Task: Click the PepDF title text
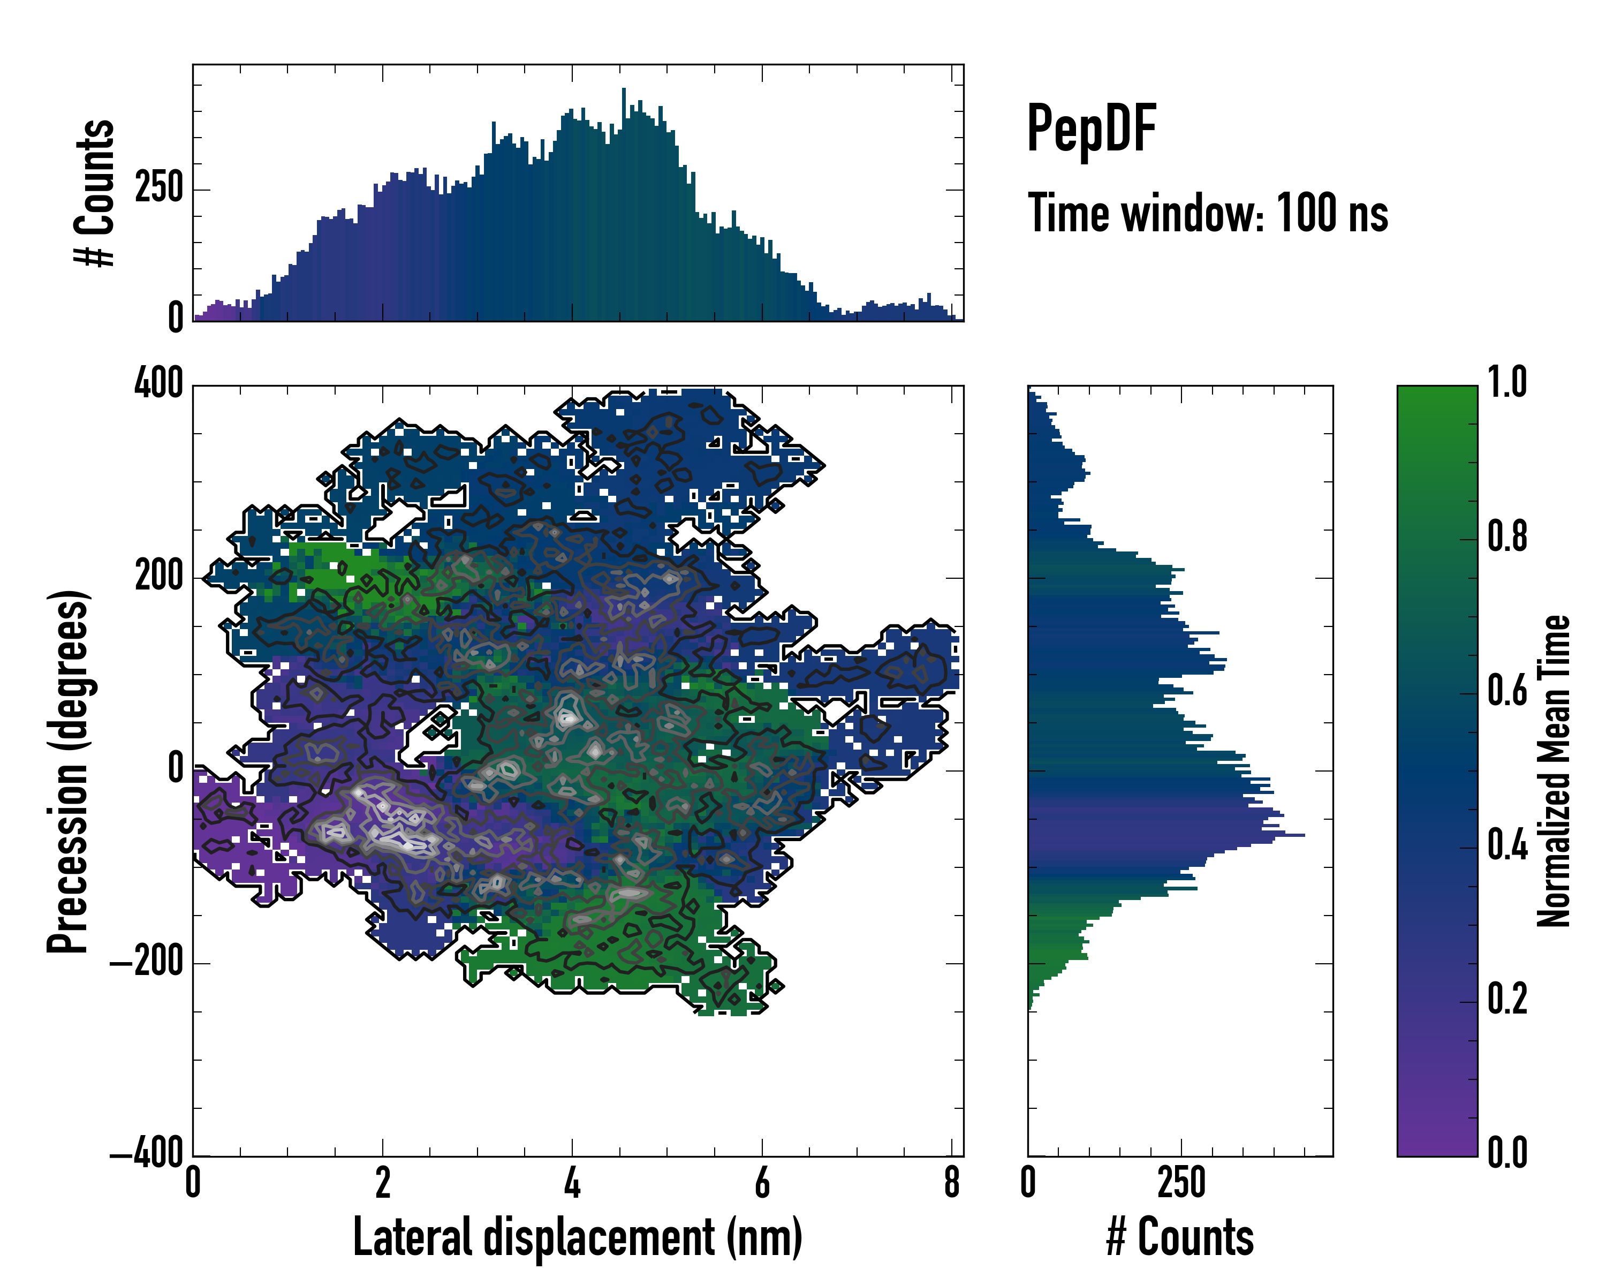pyautogui.click(x=1090, y=130)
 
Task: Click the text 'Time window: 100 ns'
pyautogui.click(x=1208, y=214)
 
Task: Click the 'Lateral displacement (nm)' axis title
pyautogui.click(x=577, y=1237)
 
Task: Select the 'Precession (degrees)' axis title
pyautogui.click(x=69, y=771)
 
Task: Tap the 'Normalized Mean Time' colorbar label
pyautogui.click(x=1554, y=771)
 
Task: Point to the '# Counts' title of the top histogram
pyautogui.click(x=95, y=193)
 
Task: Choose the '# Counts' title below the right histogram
pyautogui.click(x=1180, y=1237)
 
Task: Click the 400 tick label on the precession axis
pyautogui.click(x=158, y=384)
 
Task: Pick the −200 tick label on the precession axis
pyautogui.click(x=147, y=963)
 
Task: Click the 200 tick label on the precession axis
pyautogui.click(x=158, y=577)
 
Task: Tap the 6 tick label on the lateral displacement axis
pyautogui.click(x=762, y=1182)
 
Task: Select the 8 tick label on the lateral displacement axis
pyautogui.click(x=951, y=1182)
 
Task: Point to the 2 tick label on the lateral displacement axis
pyautogui.click(x=383, y=1182)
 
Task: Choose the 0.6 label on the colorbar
pyautogui.click(x=1507, y=691)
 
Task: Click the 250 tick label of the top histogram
pyautogui.click(x=158, y=188)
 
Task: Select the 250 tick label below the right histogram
pyautogui.click(x=1181, y=1182)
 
